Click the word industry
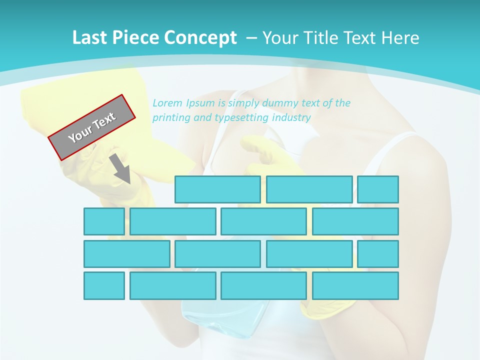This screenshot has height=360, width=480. pos(291,118)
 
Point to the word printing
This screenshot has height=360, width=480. pos(171,118)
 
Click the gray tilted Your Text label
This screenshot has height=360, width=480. pos(92,127)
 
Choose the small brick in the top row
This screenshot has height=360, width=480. pos(378,189)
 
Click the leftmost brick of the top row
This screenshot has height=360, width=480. pos(217,189)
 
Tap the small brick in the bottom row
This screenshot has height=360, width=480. pos(104,285)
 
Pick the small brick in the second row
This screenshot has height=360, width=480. pos(104,221)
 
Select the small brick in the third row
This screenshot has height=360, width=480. pos(378,254)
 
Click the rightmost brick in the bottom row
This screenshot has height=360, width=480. pos(355,285)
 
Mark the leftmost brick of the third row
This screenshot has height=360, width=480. pos(126,254)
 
